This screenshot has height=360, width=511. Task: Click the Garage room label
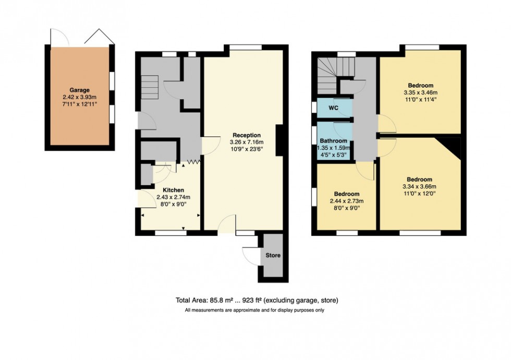79,90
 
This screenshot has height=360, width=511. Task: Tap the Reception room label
247,135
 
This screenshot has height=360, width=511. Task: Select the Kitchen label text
173,190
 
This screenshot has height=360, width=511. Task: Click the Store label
273,255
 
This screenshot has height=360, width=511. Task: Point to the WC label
334,108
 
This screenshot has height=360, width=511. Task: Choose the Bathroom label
334,141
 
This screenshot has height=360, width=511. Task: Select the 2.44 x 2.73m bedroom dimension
346,201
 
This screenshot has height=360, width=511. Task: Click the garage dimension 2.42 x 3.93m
79,97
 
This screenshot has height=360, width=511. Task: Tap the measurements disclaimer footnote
255,311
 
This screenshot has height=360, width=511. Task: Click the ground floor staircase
149,87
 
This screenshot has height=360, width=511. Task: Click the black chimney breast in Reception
280,141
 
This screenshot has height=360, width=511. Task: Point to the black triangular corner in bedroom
452,148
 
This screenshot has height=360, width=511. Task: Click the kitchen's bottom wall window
171,233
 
